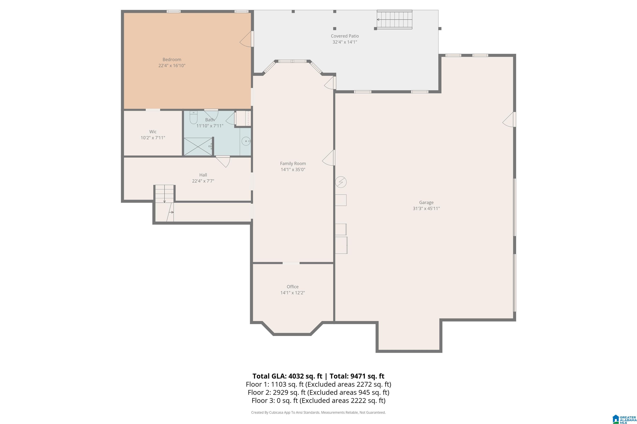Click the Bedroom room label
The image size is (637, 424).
pyautogui.click(x=172, y=59)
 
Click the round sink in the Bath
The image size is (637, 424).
pyautogui.click(x=246, y=141)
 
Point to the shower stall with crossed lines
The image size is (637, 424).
pyautogui.click(x=198, y=147)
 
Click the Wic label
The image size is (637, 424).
pyautogui.click(x=153, y=132)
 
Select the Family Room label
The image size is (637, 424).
pyautogui.click(x=293, y=163)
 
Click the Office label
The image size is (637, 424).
pyautogui.click(x=293, y=287)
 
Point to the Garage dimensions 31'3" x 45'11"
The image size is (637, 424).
pyautogui.click(x=426, y=208)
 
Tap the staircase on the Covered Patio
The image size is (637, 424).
pyautogui.click(x=395, y=20)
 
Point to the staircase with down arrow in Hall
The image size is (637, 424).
pyautogui.click(x=164, y=194)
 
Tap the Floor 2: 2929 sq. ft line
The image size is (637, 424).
pyautogui.click(x=318, y=392)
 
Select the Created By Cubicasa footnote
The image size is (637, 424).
pyautogui.click(x=318, y=412)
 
